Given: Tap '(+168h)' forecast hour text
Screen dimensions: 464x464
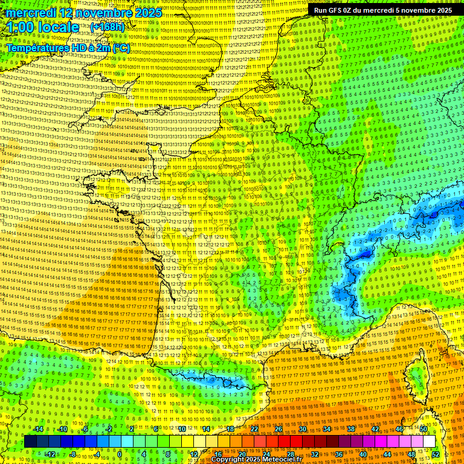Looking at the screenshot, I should [x=108, y=27].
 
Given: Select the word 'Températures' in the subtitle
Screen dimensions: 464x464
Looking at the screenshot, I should [x=37, y=47].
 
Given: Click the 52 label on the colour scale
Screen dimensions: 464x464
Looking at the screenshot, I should [x=436, y=454].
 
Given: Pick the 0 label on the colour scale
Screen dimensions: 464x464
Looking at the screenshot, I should [x=120, y=454].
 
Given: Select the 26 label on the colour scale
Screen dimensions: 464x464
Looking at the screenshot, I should [x=279, y=429].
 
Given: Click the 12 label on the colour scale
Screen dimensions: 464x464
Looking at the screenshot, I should [x=193, y=454].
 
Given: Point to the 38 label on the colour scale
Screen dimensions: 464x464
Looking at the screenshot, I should [x=351, y=429].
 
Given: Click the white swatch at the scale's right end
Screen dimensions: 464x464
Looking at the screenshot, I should [x=429, y=442].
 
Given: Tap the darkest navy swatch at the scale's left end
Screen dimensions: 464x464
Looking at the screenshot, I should [x=30, y=442].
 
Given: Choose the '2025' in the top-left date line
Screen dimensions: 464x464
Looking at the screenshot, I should [x=147, y=13].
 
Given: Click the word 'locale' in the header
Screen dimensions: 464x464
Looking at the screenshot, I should [x=65, y=28].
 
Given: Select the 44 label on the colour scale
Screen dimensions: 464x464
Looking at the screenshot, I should [x=387, y=454].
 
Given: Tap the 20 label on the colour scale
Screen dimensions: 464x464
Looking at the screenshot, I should [x=242, y=454].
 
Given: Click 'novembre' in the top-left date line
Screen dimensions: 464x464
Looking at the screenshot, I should [x=103, y=13].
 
